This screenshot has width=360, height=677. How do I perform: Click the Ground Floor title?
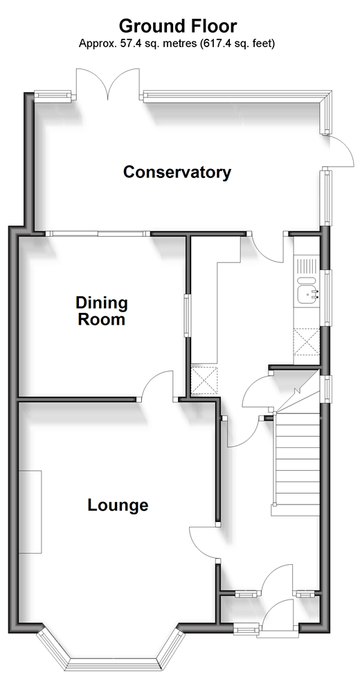[x=177, y=26]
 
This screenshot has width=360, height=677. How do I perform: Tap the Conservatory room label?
[x=177, y=172]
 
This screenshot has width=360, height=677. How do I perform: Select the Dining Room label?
[x=102, y=311]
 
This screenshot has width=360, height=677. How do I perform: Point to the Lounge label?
[x=118, y=505]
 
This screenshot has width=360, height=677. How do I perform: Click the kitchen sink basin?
[x=307, y=295]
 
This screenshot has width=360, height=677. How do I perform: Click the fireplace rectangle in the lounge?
[x=30, y=512]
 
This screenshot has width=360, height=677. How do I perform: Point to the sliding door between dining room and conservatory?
[x=98, y=233]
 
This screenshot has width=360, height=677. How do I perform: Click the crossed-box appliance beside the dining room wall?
[x=204, y=380]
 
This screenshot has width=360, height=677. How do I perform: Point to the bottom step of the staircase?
[x=296, y=510]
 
